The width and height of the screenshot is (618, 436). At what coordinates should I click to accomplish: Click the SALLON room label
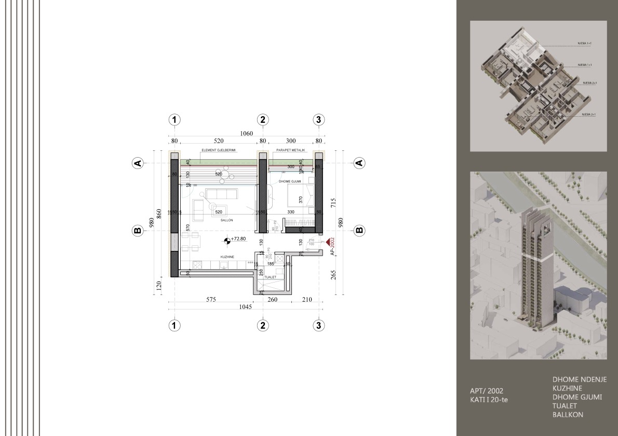226,220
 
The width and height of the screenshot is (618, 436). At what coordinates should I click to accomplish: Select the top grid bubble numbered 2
263,120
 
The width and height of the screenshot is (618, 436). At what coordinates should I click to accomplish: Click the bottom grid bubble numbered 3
319,325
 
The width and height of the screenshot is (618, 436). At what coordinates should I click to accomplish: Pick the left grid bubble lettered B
138,231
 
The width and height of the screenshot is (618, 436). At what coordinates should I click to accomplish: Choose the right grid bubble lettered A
358,163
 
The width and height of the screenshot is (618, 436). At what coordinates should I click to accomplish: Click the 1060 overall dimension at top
246,134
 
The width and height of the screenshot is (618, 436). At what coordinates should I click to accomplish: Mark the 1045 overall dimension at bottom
245,307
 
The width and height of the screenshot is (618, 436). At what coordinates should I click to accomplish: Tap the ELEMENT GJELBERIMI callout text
219,151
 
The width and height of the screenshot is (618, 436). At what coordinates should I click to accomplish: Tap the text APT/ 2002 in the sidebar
486,390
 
